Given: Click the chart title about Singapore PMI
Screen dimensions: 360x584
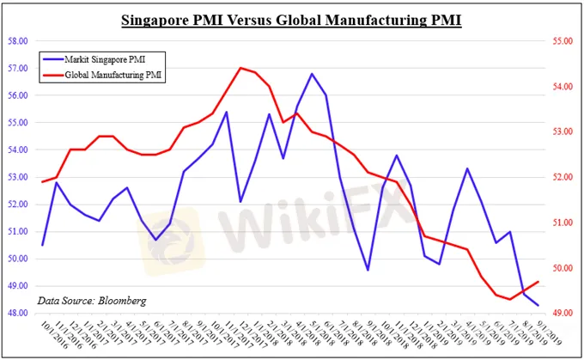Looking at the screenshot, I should (291, 19).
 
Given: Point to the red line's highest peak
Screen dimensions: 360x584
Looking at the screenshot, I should (240, 68).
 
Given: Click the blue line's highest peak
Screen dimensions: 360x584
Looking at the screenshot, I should (311, 74).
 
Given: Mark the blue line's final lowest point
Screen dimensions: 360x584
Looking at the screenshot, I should (538, 305).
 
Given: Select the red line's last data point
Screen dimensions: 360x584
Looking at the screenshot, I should (538, 281).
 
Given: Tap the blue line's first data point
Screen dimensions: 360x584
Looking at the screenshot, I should (43, 245).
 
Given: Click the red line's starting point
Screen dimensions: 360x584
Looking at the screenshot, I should (43, 181).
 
